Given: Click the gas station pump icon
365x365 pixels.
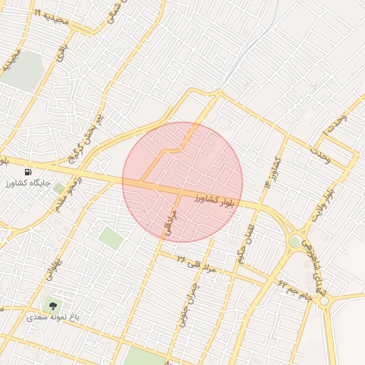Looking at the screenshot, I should click(28, 172).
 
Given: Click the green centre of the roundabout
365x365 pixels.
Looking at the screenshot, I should click(294, 242).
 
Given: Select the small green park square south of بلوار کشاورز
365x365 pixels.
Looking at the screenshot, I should click(110, 237).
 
